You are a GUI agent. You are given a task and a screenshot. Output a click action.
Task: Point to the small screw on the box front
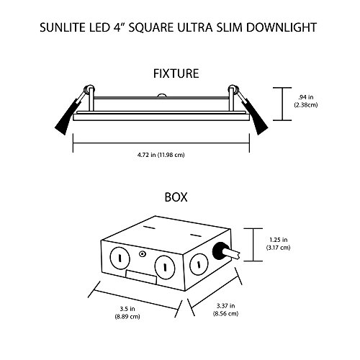(x=143, y=255)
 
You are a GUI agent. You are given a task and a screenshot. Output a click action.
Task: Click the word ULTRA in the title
(x=205, y=30)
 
